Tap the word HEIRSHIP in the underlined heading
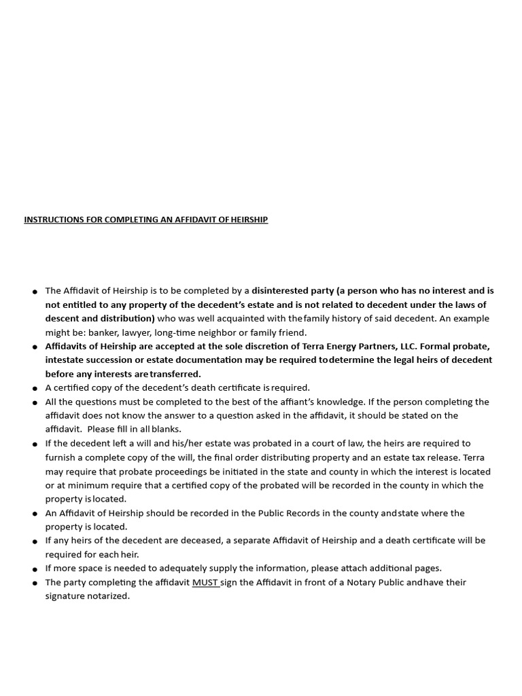coord(249,220)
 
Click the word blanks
coord(167,429)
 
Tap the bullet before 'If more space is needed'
coord(35,569)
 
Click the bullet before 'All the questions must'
coord(35,402)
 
